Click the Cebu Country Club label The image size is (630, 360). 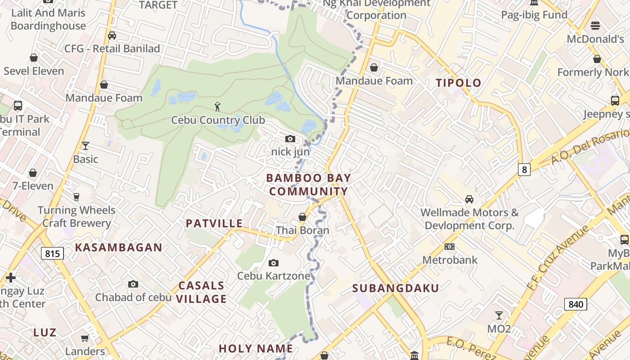218,121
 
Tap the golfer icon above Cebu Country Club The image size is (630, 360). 218,107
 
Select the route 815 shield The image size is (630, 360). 52,253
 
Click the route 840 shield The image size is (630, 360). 576,304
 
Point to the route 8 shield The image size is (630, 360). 524,170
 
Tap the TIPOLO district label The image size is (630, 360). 459,83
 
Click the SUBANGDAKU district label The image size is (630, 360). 395,288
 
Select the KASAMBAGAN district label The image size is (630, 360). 118,247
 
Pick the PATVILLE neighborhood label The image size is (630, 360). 214,224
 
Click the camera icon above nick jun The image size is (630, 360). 290,139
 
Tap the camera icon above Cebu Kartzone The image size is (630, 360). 273,263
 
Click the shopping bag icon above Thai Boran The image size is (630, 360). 302,217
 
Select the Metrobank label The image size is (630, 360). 450,260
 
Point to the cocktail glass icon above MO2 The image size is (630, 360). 499,315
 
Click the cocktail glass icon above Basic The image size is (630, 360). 85,145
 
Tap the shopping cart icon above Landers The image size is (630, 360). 85,338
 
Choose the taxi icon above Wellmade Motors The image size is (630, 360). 469,199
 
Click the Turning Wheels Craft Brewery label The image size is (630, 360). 76,216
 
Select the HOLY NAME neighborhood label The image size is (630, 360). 256,349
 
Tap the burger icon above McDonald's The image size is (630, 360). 595,25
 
